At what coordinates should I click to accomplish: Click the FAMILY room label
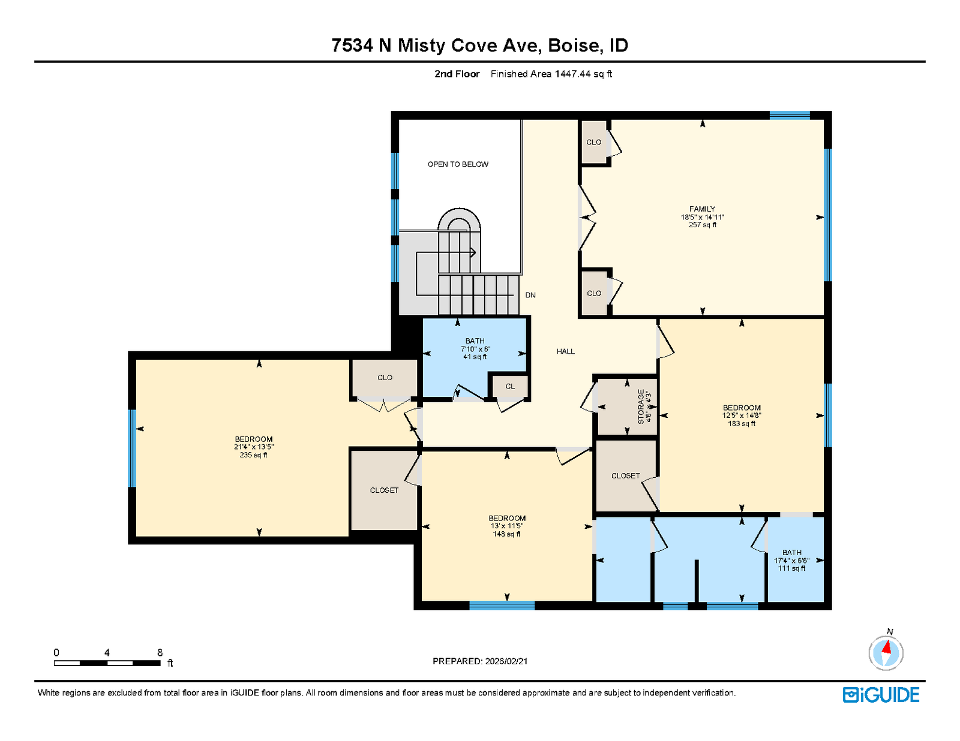point(702,209)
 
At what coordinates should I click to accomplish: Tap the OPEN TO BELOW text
point(458,164)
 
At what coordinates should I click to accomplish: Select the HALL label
point(565,351)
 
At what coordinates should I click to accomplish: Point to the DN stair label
point(530,295)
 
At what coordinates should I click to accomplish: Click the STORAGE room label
point(641,406)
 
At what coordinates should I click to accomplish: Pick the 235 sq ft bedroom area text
point(253,455)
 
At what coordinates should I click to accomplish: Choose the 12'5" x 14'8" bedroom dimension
point(742,415)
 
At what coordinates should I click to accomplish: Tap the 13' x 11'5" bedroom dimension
point(507,526)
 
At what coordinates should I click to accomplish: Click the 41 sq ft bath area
point(475,357)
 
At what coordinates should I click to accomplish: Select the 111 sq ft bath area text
point(791,568)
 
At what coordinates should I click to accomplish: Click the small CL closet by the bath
point(510,386)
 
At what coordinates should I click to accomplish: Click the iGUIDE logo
point(880,695)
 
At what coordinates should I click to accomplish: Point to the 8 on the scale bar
point(160,652)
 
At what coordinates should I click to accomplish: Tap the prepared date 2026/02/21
point(506,661)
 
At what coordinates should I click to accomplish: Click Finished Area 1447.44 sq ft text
point(551,74)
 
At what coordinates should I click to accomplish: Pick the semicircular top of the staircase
point(459,216)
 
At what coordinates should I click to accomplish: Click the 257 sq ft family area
point(703,225)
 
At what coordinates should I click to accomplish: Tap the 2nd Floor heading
point(457,74)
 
